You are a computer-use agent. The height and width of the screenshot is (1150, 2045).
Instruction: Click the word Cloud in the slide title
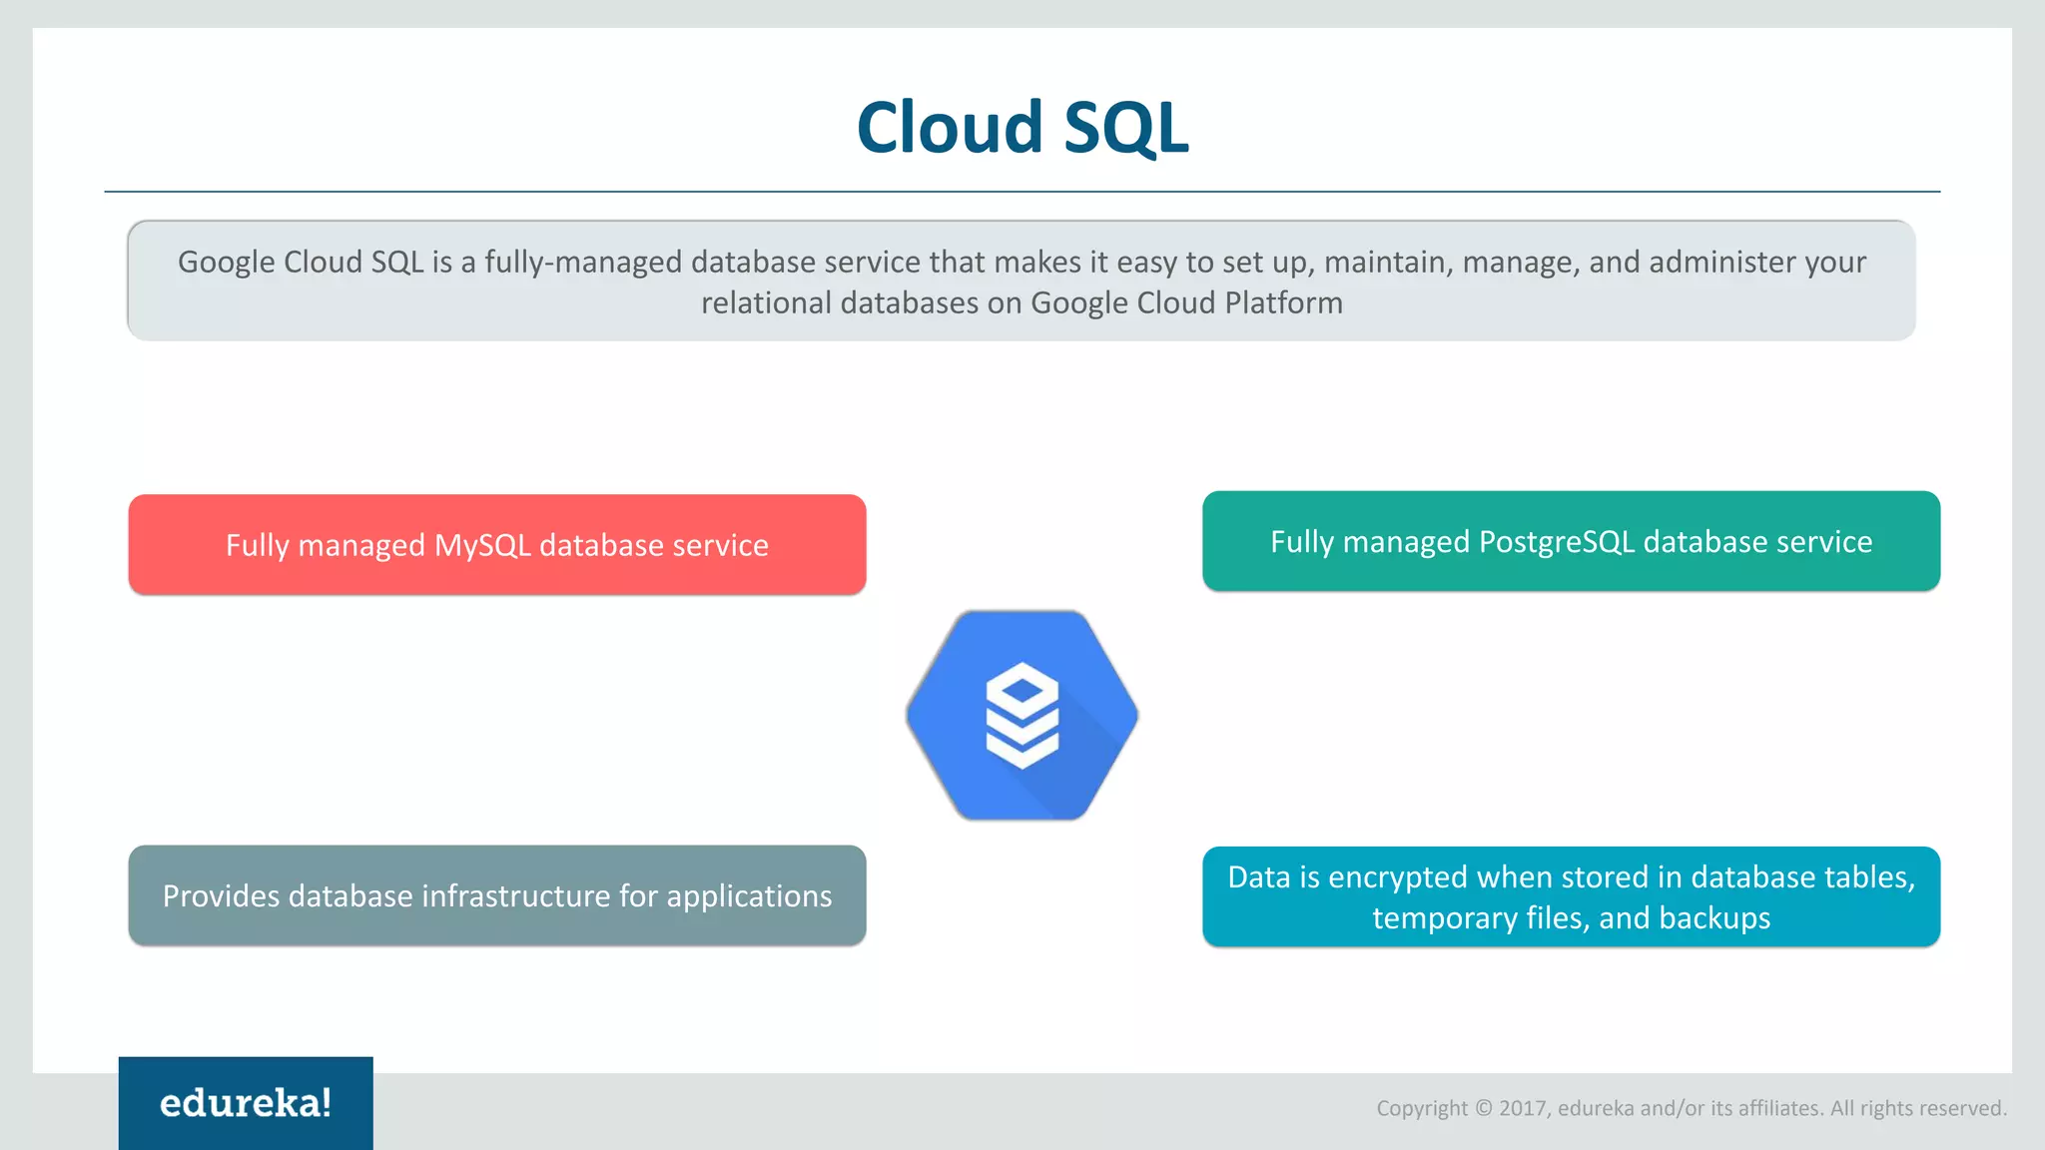coord(950,128)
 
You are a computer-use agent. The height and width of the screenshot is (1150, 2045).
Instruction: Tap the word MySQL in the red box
coord(482,546)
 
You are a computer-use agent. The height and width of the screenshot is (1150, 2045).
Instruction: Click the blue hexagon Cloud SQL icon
coord(1022,716)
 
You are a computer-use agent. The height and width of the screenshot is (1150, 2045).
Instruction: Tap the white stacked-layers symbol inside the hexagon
coord(1022,715)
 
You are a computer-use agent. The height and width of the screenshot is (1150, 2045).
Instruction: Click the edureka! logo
coord(246,1103)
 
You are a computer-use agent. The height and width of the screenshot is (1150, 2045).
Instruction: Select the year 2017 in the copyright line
coord(1523,1108)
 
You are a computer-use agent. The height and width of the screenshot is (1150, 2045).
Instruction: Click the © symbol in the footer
coord(1483,1108)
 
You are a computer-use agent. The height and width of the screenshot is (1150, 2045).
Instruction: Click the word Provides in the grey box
coord(221,896)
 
